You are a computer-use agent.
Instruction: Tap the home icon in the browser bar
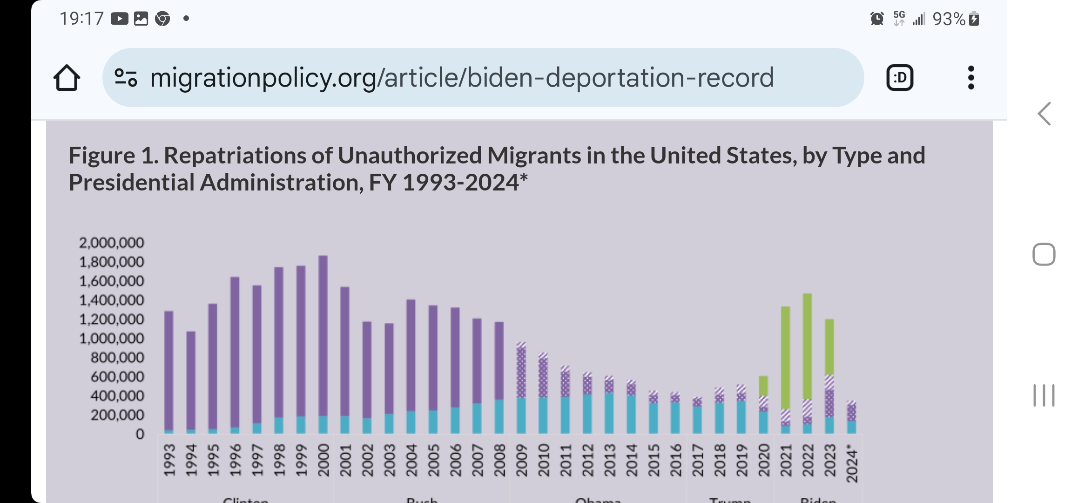(x=67, y=77)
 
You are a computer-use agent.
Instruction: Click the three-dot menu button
(x=970, y=77)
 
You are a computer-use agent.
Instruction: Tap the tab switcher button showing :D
(x=900, y=77)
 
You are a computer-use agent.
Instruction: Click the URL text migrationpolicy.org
(x=263, y=77)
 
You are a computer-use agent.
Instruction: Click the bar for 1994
(x=191, y=382)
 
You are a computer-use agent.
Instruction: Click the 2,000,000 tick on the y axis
(x=112, y=243)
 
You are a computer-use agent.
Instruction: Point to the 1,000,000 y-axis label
(x=112, y=339)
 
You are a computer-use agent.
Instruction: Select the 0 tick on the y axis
(x=140, y=435)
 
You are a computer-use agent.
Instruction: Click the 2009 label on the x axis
(x=521, y=460)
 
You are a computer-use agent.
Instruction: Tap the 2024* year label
(x=851, y=463)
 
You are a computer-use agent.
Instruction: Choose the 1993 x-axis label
(x=169, y=460)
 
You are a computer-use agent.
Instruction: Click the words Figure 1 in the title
(x=113, y=156)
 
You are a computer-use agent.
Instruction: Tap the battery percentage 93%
(x=949, y=19)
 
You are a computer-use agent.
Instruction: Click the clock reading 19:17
(x=81, y=19)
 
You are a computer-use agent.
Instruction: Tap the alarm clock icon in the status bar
(x=877, y=19)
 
